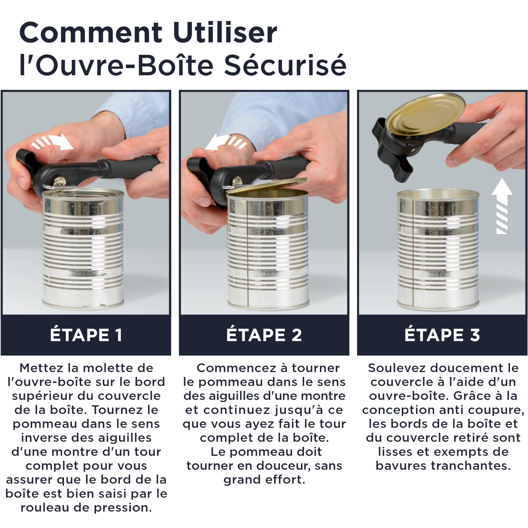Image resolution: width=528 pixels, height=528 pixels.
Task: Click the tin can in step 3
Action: click(x=438, y=250)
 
